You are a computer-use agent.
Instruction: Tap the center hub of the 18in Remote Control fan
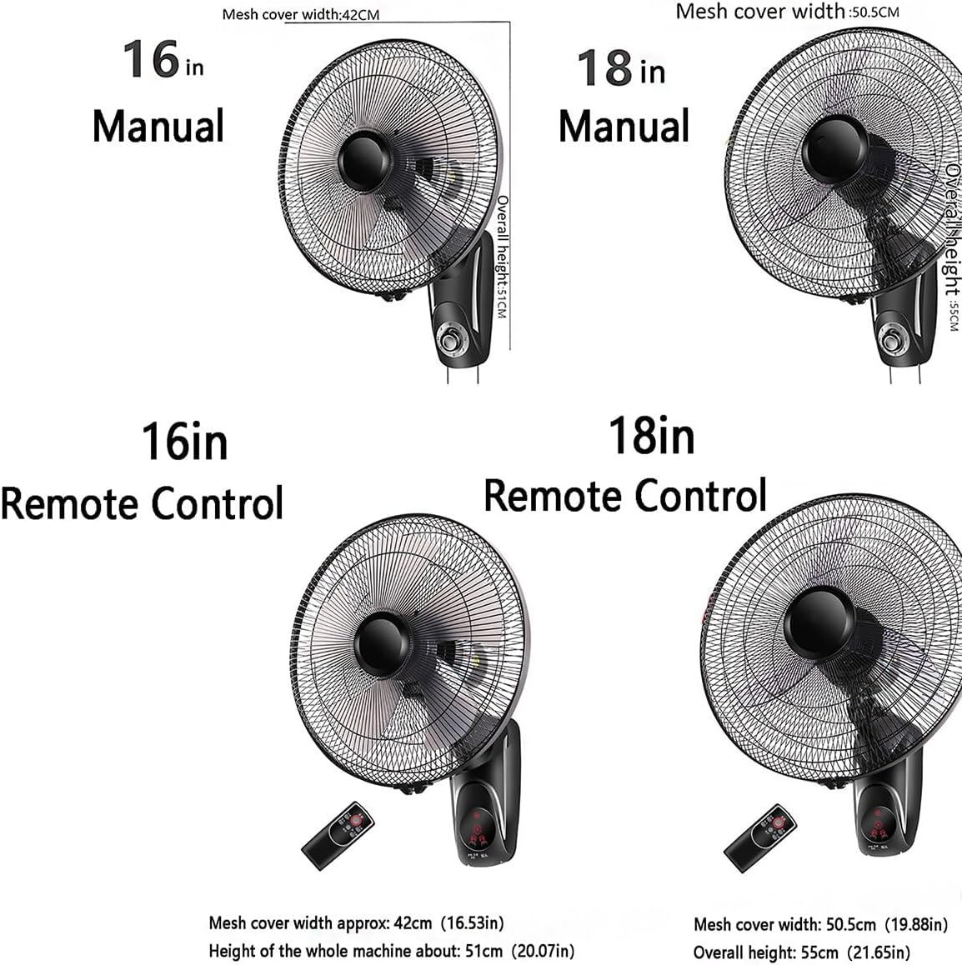tap(816, 621)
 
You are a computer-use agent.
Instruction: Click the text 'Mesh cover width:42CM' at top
tap(301, 15)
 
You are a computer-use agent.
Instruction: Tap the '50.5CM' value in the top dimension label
tap(874, 12)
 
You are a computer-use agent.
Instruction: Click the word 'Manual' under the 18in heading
tap(624, 127)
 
